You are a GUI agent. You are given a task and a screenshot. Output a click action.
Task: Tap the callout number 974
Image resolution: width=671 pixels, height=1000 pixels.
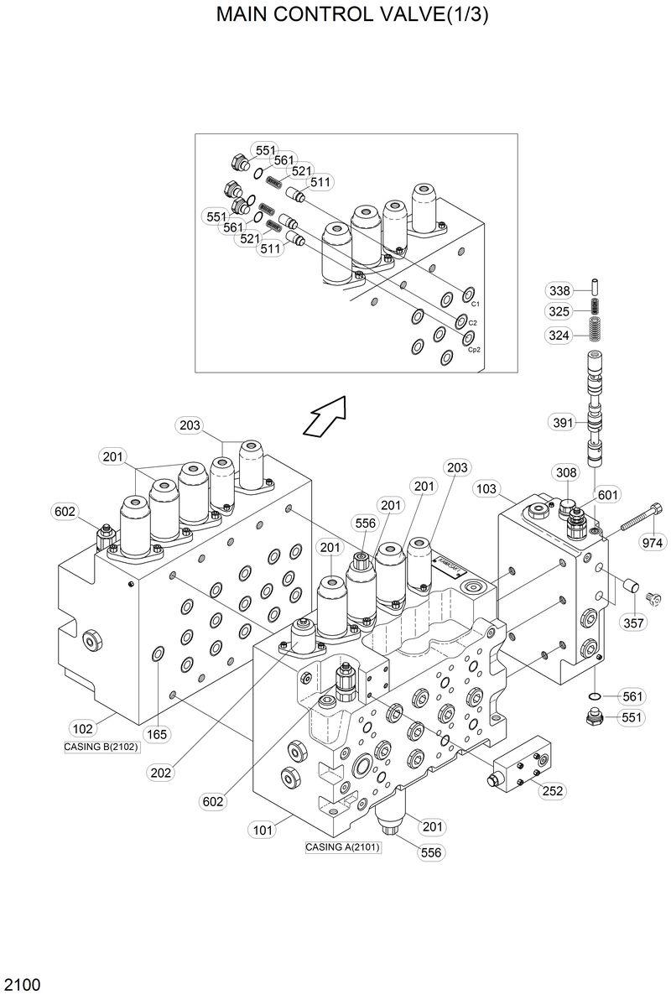click(x=652, y=542)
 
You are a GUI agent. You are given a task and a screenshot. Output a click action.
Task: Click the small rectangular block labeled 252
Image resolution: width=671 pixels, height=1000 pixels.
click(x=520, y=764)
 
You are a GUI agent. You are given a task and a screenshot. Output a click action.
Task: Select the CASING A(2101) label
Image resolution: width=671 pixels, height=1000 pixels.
click(x=342, y=847)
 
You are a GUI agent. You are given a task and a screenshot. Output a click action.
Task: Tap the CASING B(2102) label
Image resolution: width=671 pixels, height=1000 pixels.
click(x=100, y=746)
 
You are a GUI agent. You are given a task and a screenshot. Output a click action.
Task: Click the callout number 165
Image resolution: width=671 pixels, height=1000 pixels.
click(x=157, y=734)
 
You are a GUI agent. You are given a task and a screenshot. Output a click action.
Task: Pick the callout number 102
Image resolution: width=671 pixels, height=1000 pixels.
click(x=82, y=728)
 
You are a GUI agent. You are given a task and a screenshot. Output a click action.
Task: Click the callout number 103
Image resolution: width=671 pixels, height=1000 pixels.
click(x=486, y=487)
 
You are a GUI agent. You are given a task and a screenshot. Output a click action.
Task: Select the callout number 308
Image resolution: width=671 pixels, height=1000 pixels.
click(x=564, y=473)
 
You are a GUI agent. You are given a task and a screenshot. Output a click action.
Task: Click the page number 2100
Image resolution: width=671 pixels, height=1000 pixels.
click(x=21, y=983)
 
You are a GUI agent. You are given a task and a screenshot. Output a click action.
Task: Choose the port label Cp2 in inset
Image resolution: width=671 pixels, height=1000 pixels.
click(x=474, y=349)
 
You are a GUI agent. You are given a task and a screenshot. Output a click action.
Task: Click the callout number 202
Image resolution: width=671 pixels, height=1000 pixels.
click(x=163, y=773)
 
